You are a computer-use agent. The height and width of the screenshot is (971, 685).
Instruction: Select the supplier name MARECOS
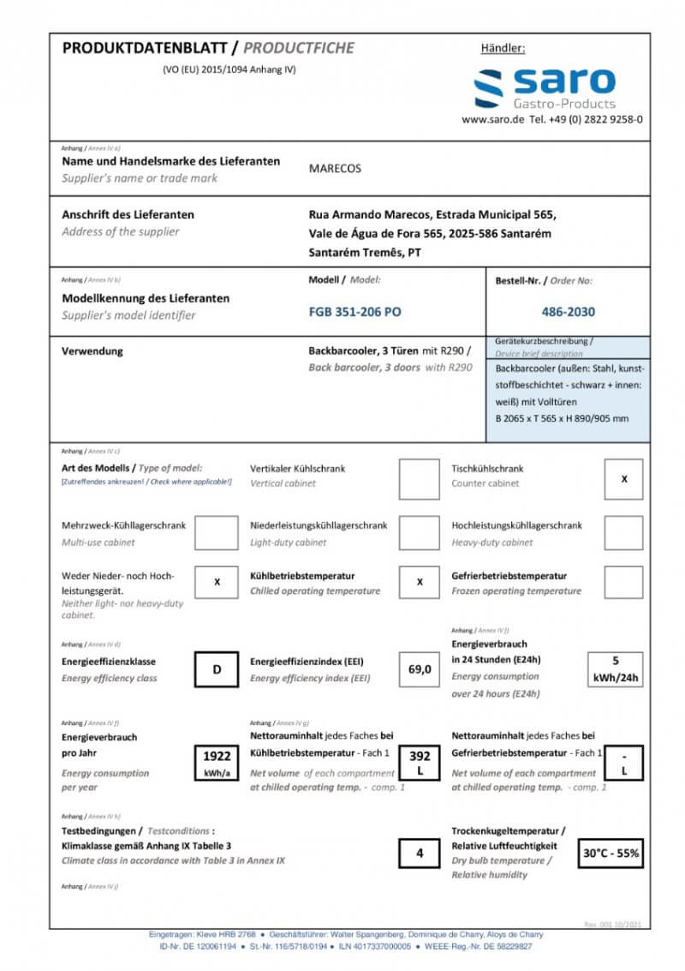(335, 169)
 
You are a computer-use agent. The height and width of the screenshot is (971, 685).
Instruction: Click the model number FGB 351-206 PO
(354, 312)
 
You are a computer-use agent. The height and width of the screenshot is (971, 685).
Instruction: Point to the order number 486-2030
(568, 312)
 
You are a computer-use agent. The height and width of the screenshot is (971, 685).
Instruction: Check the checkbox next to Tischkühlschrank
(623, 479)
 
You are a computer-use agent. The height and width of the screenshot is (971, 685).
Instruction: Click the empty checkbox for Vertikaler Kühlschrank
(420, 479)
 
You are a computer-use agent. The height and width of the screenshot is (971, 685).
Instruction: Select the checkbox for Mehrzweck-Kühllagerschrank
(216, 533)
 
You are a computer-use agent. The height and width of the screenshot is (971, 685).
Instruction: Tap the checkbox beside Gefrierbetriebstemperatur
(623, 582)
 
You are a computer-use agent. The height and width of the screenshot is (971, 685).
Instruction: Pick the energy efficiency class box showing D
(217, 669)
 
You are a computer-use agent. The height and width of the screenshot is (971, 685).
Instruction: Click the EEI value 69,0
(420, 669)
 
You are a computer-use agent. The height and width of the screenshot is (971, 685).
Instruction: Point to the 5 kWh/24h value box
(615, 669)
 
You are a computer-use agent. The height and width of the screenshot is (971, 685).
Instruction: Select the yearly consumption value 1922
(217, 762)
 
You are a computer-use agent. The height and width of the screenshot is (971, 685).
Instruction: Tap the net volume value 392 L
(420, 762)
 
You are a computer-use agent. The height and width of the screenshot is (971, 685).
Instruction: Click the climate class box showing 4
(420, 853)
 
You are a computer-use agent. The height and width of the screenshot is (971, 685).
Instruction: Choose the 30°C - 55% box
(611, 853)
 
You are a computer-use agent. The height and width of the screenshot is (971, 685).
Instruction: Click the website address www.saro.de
(492, 120)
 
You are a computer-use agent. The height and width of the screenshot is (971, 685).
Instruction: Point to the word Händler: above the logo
(503, 49)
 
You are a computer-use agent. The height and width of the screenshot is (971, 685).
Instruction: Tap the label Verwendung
(92, 351)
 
